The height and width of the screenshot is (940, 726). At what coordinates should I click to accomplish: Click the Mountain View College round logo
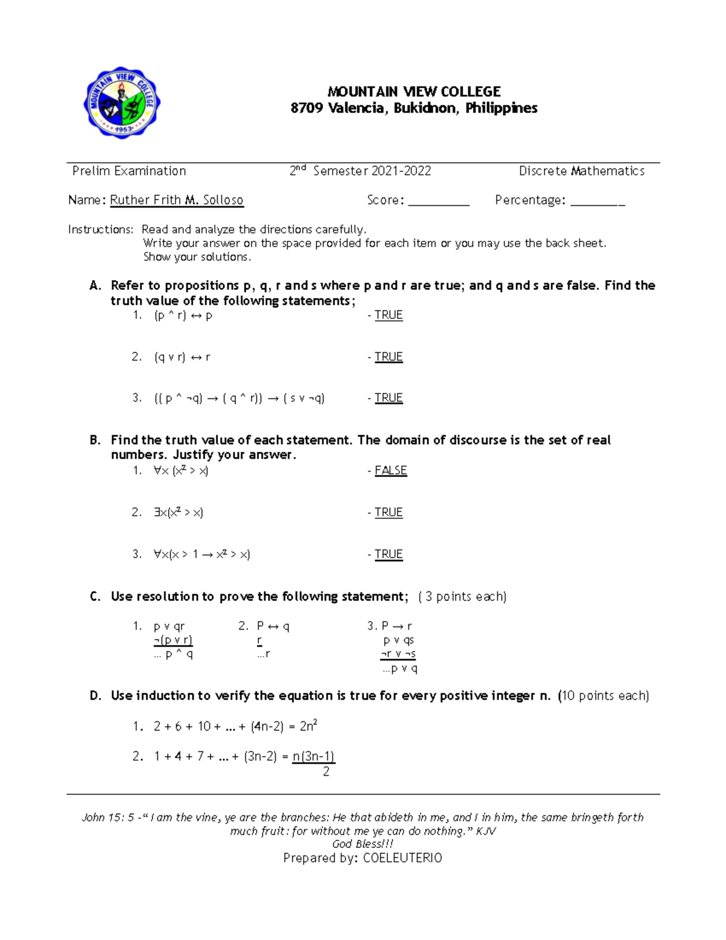coord(122,102)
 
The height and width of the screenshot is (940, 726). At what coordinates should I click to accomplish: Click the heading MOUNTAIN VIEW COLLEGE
coord(414,92)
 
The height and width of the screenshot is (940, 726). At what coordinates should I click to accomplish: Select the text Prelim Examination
coord(129,171)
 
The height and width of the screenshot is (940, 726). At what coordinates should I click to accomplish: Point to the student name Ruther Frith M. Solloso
coord(177,200)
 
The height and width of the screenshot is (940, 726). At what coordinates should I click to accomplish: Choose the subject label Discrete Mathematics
coord(581,171)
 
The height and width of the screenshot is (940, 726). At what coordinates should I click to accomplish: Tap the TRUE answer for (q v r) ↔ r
coord(388,357)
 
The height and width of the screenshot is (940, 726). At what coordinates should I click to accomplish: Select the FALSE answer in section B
coord(390,471)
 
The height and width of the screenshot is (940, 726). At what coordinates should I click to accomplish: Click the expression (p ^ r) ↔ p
coord(183,315)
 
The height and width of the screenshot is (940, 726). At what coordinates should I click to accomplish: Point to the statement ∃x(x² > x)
coord(178,513)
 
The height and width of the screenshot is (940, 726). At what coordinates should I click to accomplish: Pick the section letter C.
coord(95,597)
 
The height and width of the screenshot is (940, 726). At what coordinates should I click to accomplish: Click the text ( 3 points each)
coord(462,597)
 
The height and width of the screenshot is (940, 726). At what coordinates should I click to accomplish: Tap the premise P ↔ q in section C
coord(272,626)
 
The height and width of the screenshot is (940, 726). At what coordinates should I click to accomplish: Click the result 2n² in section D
coord(309,726)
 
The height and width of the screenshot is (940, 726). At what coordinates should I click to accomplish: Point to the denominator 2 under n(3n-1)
coord(326,772)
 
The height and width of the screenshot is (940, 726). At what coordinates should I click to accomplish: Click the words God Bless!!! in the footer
coord(363,844)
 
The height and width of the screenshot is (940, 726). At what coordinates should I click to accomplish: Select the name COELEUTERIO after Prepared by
coord(402,858)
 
